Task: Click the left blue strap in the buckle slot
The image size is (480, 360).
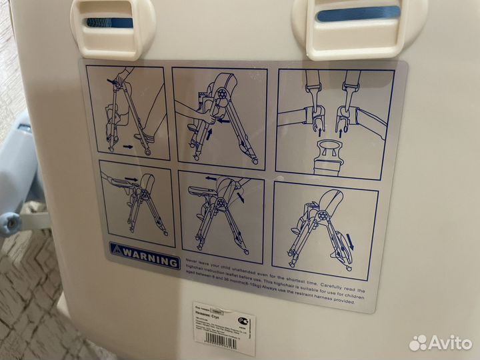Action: click(x=109, y=22)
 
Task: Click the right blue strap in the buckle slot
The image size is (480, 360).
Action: click(x=358, y=13)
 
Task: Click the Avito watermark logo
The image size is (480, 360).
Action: click(x=440, y=343)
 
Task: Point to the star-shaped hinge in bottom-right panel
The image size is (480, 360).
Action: click(x=319, y=217)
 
